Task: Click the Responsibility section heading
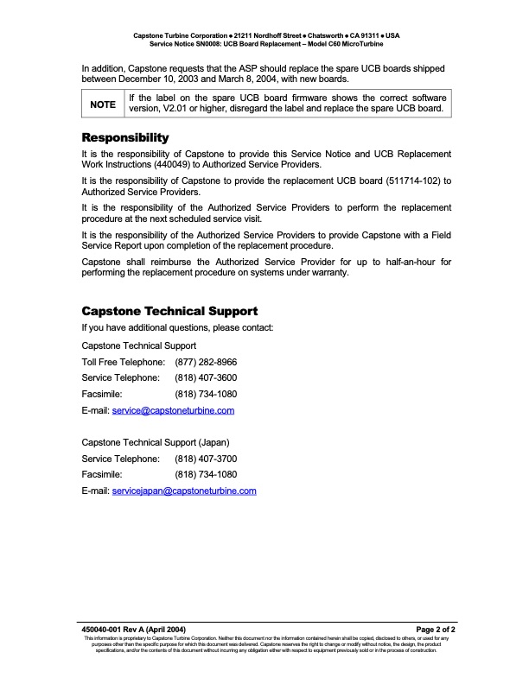point(124,138)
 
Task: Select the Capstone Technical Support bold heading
point(169,311)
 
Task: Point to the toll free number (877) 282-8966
point(206,362)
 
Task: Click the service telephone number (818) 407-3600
point(206,377)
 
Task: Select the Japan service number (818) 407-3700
point(206,459)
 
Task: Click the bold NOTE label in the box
point(103,104)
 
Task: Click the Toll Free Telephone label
point(123,362)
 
